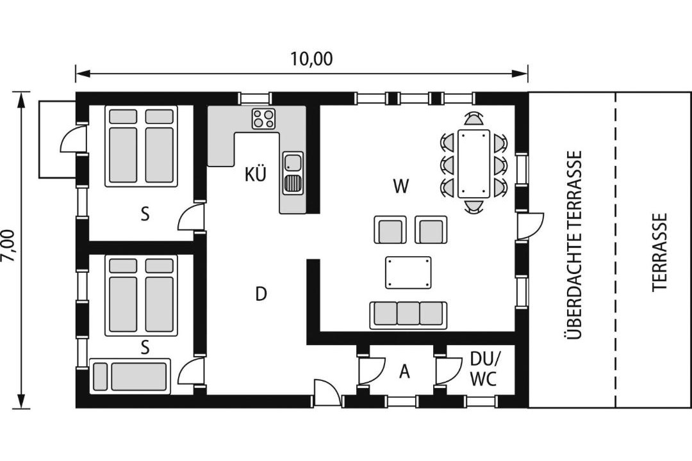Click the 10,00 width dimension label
[x=311, y=59]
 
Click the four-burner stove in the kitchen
[x=263, y=118]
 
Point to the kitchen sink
[x=293, y=173]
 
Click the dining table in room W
[x=474, y=163]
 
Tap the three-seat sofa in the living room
[x=408, y=315]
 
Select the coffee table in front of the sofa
[x=408, y=273]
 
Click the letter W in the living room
[x=400, y=186]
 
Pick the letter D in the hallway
[x=261, y=293]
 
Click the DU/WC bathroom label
[x=484, y=369]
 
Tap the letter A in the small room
[x=404, y=372]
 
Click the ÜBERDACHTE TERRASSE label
[x=574, y=245]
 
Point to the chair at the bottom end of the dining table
[x=474, y=207]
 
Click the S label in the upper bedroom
[x=145, y=214]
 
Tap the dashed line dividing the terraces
[x=614, y=250]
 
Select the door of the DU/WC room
[x=448, y=370]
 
